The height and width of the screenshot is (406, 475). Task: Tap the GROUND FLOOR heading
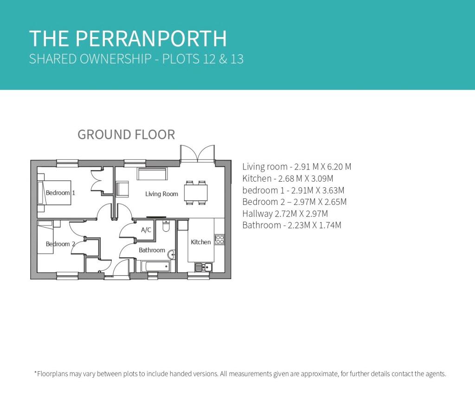pos(126,134)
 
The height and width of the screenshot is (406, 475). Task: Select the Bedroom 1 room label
pos(60,192)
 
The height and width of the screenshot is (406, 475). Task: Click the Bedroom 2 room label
pos(60,244)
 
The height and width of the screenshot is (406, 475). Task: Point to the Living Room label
pos(161,194)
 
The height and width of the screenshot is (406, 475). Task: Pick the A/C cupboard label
pos(146,230)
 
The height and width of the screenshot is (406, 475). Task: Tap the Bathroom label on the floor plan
pos(152,250)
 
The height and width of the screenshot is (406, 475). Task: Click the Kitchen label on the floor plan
pos(200,242)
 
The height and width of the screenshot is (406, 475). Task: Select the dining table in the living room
pos(196,192)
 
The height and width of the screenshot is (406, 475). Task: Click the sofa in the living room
pos(152,174)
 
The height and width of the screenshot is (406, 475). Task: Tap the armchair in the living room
pos(122,189)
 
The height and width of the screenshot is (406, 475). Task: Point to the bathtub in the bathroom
pos(156,266)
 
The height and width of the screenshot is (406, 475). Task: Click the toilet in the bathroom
pos(166,226)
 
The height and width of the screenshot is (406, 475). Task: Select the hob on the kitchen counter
pos(219,240)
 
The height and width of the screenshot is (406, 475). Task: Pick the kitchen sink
pos(203,267)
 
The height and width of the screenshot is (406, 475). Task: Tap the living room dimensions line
pos(296,167)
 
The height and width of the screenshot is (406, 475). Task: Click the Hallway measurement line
pos(285,214)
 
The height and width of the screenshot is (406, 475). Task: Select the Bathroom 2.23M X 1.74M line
pos(292,225)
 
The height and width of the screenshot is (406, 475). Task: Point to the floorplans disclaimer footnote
pos(240,374)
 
